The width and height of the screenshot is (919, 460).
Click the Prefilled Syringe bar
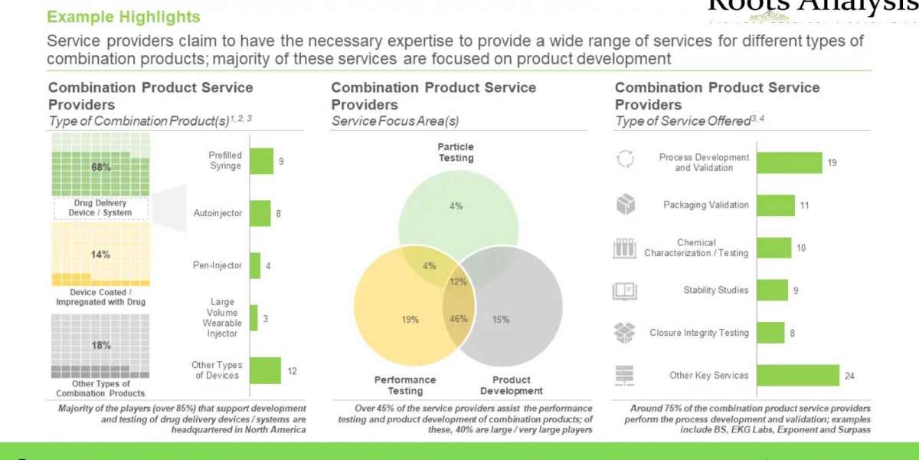tap(261, 161)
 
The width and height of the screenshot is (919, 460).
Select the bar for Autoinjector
tap(260, 213)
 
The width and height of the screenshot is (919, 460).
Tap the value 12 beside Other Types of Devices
tap(292, 370)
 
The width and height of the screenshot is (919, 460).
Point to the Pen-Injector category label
tap(217, 265)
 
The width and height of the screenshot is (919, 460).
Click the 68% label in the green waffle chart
tap(101, 166)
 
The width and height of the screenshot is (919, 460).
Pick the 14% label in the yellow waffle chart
tap(101, 255)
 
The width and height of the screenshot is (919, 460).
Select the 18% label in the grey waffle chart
tap(101, 345)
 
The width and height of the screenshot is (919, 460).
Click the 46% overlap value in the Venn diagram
tap(458, 319)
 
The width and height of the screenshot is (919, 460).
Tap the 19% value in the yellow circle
tap(410, 319)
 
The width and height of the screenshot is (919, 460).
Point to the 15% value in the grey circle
tap(501, 319)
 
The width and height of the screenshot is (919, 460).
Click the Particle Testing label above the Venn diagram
tap(456, 152)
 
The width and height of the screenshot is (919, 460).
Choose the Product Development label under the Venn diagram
tap(512, 385)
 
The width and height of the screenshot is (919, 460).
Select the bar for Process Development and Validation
tap(789, 163)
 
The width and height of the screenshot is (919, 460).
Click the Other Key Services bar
tap(797, 376)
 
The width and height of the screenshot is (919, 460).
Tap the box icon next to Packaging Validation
tap(625, 205)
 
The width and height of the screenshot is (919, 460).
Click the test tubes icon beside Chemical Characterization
tap(625, 248)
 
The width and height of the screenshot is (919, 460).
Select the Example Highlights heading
tap(123, 16)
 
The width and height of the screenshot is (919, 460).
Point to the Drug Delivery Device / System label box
tap(100, 208)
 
